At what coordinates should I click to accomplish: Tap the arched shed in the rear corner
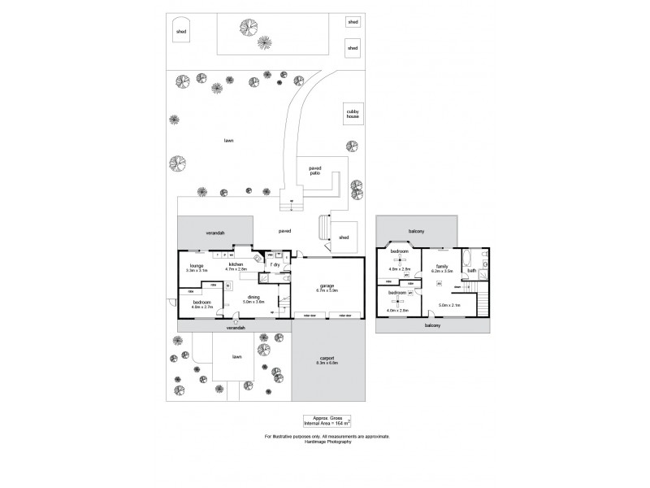(x=181, y=30)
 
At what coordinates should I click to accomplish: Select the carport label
(x=326, y=360)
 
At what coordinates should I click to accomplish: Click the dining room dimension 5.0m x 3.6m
(x=253, y=302)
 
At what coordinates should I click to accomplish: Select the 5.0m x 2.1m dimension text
(x=448, y=306)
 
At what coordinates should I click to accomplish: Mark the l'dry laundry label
(x=275, y=265)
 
